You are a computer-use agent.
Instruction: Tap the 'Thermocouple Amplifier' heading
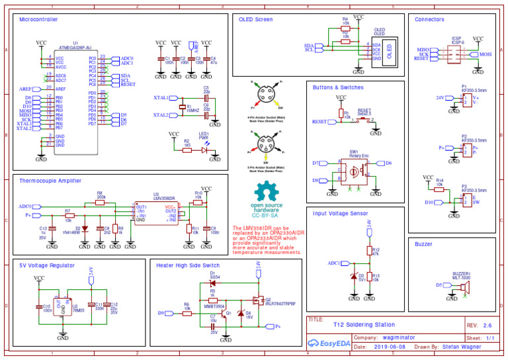[x=50, y=180]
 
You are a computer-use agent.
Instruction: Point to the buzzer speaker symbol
[x=465, y=286]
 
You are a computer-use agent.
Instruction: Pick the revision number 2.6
[x=488, y=326]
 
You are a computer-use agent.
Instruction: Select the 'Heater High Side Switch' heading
[x=189, y=265]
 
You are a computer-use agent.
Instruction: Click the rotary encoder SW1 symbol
[x=355, y=171]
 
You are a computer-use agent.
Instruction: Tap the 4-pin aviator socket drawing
[x=267, y=94]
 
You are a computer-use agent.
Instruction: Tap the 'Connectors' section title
[x=429, y=20]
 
